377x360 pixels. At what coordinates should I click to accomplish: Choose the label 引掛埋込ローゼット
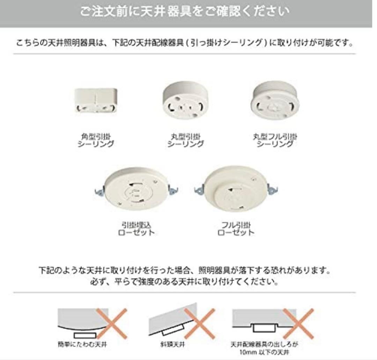[x=136, y=228]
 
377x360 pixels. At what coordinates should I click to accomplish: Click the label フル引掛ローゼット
[x=236, y=228]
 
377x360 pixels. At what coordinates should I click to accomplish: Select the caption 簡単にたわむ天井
[x=82, y=345]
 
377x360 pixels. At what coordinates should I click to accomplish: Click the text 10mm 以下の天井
[x=264, y=352]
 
